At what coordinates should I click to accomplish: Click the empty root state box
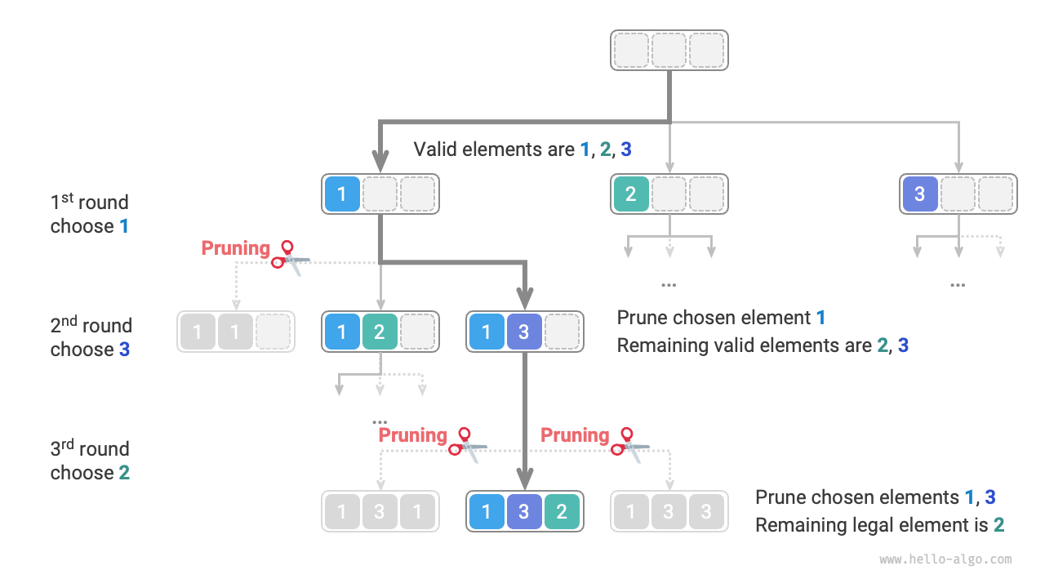point(669,50)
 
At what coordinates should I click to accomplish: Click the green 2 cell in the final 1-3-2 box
point(562,512)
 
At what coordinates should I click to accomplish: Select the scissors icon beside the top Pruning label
point(290,255)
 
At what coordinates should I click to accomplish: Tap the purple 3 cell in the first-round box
point(919,194)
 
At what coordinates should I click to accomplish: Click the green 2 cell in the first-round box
point(630,194)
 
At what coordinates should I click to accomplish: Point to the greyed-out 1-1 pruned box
point(235,332)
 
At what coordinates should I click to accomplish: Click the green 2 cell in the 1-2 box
point(379,332)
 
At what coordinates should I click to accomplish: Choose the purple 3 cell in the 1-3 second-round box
point(524,332)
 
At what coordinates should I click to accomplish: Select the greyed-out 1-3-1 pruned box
point(380,512)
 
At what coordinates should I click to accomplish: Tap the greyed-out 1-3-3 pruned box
point(669,512)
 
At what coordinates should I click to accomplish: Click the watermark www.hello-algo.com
point(945,560)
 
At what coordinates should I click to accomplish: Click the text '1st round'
point(89,203)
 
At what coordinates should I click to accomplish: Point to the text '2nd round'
point(91,326)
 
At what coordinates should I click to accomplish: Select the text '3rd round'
point(89,449)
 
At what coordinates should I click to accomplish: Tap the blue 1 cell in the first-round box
point(342,194)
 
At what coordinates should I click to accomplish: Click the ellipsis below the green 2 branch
point(669,284)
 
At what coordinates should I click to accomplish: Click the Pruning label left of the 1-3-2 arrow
point(413,435)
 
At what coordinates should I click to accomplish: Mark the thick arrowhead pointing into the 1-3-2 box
point(524,478)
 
